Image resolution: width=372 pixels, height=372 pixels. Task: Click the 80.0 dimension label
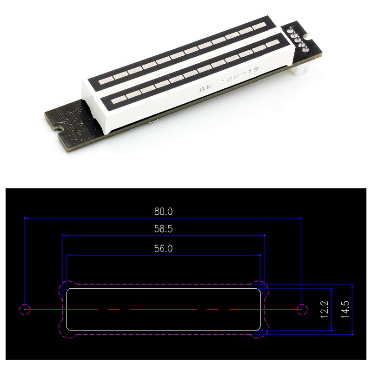pyautogui.click(x=163, y=211)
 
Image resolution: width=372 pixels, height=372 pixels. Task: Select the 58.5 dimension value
pyautogui.click(x=163, y=229)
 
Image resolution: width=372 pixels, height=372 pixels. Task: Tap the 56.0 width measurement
pyautogui.click(x=163, y=248)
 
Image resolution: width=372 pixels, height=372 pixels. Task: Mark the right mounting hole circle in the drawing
pyautogui.click(x=302, y=308)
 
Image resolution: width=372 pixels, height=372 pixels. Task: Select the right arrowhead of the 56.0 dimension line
pyautogui.click(x=258, y=255)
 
